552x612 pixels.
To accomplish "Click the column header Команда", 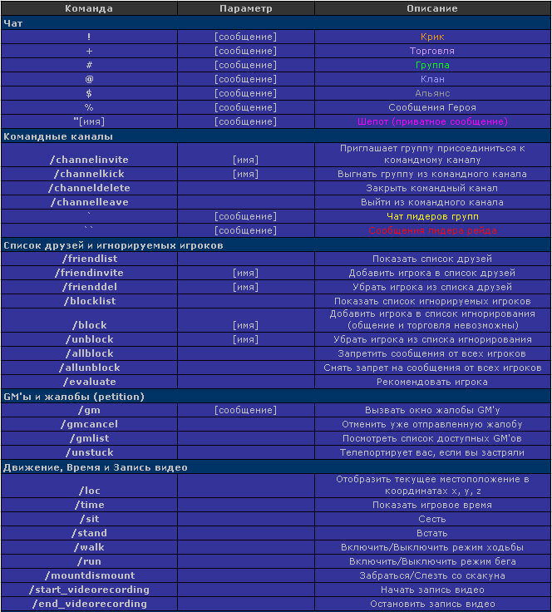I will tap(89, 8).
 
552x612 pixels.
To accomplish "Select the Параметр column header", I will tap(245, 8).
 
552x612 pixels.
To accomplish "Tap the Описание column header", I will tap(431, 8).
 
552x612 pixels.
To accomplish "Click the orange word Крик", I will tap(431, 37).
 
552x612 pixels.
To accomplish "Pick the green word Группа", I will tap(431, 65).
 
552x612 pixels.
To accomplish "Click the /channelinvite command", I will tap(89, 159).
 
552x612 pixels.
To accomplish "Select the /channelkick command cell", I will tap(89, 174).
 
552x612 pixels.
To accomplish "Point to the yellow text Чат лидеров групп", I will tap(431, 216).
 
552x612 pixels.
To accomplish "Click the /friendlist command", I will tap(89, 259).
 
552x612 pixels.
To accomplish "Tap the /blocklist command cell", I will tap(89, 301).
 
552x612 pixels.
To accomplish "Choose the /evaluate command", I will tap(89, 382).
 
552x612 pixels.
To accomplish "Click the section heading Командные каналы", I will tap(58, 136).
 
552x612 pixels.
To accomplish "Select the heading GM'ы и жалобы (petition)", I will tap(73, 396).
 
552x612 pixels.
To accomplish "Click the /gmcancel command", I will tap(89, 424).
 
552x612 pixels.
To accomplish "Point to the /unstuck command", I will tap(89, 452).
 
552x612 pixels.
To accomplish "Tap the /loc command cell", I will tap(89, 491).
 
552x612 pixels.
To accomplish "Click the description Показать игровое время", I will tap(431, 505).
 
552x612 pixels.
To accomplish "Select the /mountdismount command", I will tap(89, 575).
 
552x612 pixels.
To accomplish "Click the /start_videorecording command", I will tap(89, 590).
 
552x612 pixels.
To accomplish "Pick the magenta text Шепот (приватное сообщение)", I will tap(431, 121).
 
